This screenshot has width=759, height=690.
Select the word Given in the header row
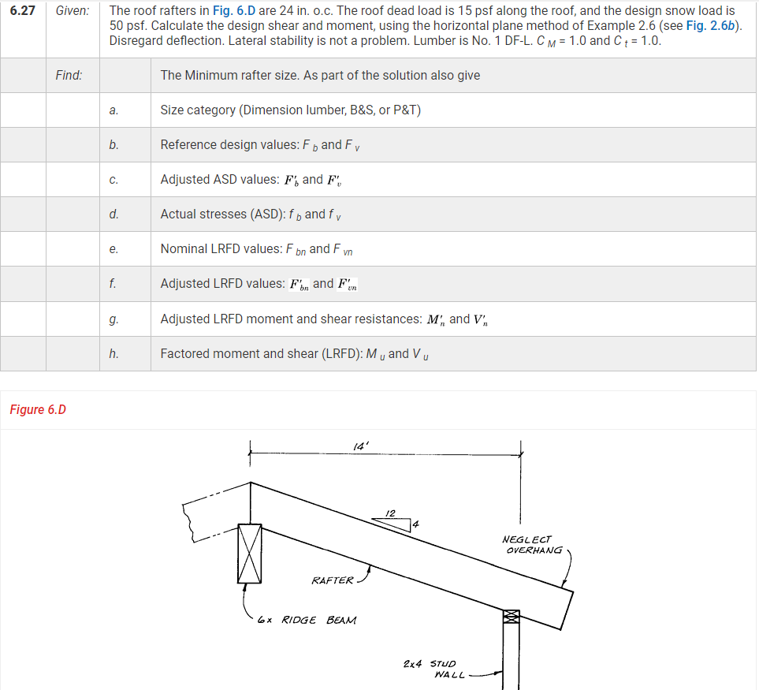(72, 11)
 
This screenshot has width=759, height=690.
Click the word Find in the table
(69, 76)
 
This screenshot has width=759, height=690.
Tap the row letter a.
(114, 110)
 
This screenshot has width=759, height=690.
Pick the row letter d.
(114, 214)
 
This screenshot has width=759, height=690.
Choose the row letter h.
(114, 354)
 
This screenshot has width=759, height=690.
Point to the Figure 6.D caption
(38, 409)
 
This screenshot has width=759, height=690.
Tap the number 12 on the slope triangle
(390, 513)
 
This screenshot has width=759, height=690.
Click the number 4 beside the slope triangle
(416, 524)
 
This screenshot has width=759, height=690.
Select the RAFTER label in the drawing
(333, 580)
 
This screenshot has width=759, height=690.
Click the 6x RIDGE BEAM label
(307, 620)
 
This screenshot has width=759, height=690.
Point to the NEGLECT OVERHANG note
(532, 545)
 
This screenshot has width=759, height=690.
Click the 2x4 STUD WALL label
(435, 669)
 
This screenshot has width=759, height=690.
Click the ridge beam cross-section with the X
(250, 553)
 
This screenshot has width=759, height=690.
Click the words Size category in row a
(197, 110)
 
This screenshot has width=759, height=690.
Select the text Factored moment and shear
(261, 354)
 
